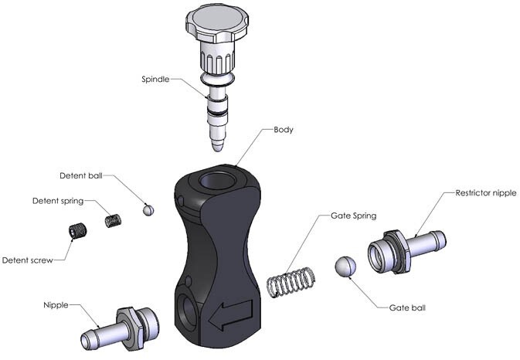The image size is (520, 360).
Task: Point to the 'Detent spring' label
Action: tap(58, 201)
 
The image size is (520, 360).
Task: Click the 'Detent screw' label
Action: tap(28, 260)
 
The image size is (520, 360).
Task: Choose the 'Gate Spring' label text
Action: tap(352, 212)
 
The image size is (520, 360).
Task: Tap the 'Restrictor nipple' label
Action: tap(484, 192)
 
